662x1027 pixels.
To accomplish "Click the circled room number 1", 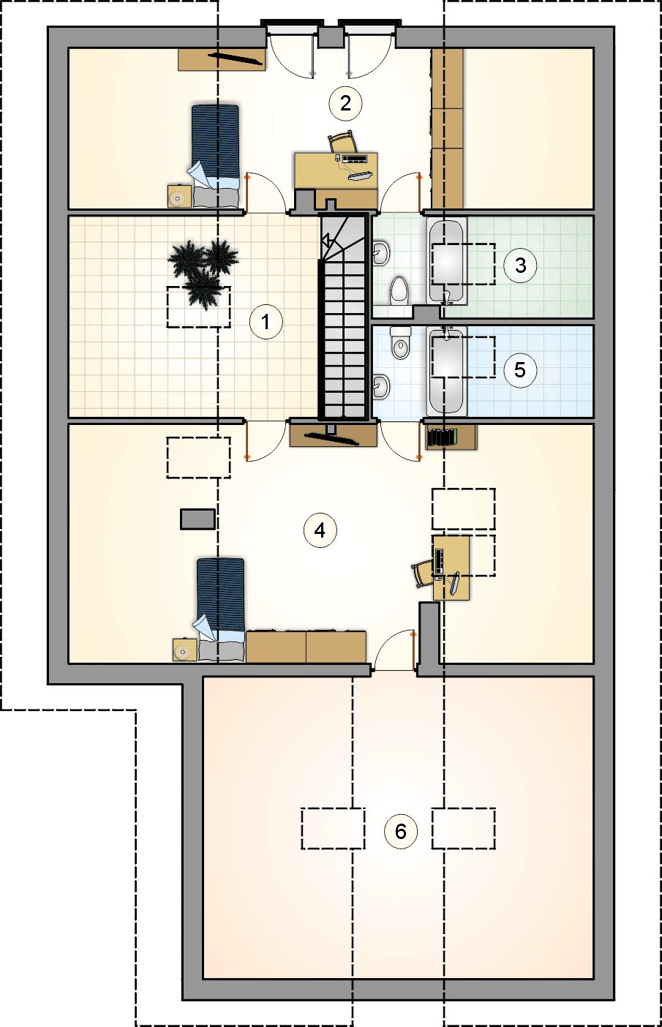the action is [x=266, y=322].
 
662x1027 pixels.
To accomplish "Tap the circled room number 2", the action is [x=346, y=103].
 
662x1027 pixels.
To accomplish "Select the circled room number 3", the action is [x=520, y=265].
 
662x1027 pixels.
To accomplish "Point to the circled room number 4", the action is [x=320, y=530].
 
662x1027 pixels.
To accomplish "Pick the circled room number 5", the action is [x=520, y=370].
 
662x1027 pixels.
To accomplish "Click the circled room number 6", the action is [x=401, y=831].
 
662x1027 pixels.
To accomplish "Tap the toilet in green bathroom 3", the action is [x=399, y=291].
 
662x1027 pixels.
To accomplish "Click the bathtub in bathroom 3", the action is [x=446, y=260].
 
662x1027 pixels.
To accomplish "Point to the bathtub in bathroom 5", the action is [x=446, y=370].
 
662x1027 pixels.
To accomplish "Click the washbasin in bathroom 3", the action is [x=380, y=252].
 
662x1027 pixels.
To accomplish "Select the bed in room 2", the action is [x=216, y=156].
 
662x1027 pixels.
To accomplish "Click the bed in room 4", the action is [x=219, y=610].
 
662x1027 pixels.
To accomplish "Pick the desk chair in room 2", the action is [x=342, y=141].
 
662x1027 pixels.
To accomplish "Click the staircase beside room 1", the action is [x=344, y=317].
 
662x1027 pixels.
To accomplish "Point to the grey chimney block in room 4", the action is [x=198, y=519].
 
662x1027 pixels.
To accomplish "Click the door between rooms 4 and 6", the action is [x=395, y=651].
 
